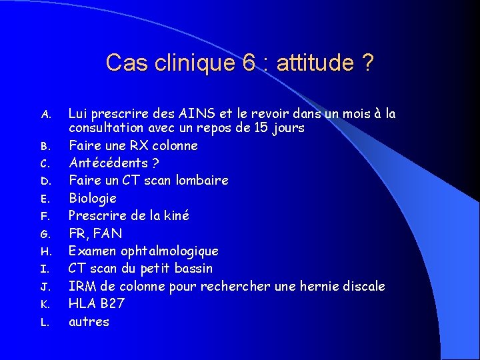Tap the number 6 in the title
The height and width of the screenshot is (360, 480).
pyautogui.click(x=249, y=63)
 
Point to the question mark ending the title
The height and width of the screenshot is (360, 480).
pyautogui.click(x=367, y=63)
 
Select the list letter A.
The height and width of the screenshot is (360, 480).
pyautogui.click(x=45, y=115)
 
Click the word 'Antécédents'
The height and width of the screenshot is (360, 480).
pyautogui.click(x=108, y=163)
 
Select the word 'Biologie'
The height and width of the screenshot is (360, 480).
pyautogui.click(x=93, y=198)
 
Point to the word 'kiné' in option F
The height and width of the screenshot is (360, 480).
pyautogui.click(x=177, y=215)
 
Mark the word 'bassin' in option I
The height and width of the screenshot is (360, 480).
pyautogui.click(x=193, y=268)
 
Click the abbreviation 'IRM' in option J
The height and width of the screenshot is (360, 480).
pyautogui.click(x=83, y=286)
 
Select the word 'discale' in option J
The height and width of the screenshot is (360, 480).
pyautogui.click(x=363, y=286)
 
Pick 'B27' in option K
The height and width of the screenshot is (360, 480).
pyautogui.click(x=111, y=303)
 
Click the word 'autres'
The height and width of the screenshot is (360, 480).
pyautogui.click(x=89, y=321)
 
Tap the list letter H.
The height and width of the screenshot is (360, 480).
pyautogui.click(x=45, y=251)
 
